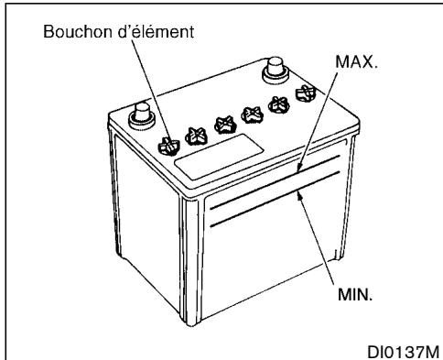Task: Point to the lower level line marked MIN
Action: (x=256, y=207)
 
